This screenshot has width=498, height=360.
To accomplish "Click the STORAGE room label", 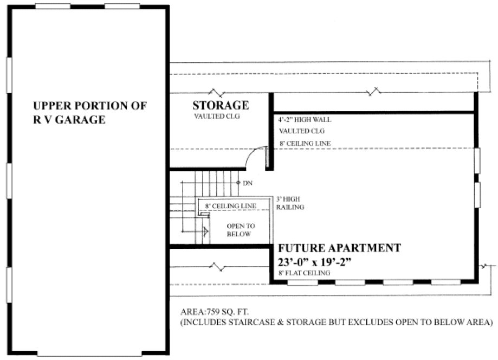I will (220, 105).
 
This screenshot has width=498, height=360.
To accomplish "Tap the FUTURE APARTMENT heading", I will (339, 248).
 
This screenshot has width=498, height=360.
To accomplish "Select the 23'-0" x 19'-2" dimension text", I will (315, 262).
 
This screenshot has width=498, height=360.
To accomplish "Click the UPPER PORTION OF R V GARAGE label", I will (89, 113).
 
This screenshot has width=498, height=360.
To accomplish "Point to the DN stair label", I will (248, 183).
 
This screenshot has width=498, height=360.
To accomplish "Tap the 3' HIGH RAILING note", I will (290, 203).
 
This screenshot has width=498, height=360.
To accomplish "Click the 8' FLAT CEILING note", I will (304, 273).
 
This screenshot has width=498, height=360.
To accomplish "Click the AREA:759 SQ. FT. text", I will (214, 312).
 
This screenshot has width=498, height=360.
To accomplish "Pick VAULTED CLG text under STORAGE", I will (217, 116).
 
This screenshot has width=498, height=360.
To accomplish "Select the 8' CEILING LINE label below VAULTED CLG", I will (305, 144).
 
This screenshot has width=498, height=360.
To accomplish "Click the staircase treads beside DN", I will (216, 179).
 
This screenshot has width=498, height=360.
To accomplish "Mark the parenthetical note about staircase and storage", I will (337, 323).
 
